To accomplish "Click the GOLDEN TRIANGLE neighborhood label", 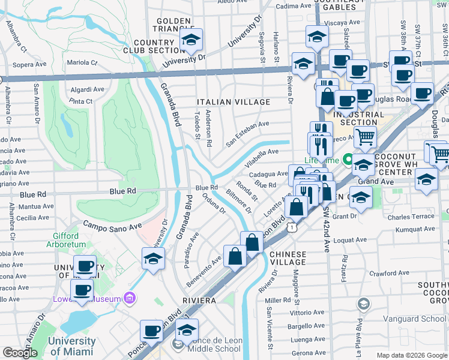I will pos(173,25).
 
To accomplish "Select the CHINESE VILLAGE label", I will pos(288,258).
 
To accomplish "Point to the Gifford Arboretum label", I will pos(70,240).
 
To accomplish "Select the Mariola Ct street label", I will pos(81,62).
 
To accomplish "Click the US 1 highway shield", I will pos(291,227).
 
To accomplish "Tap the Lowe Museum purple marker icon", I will pos(128,298).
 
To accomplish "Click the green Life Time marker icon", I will pos(346,160).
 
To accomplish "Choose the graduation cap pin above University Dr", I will pos(191,40).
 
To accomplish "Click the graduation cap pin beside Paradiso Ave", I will pos(154,259).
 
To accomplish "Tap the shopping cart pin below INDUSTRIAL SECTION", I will pos(364,137).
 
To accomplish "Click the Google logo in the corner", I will pos(20,353).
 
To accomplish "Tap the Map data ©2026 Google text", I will pos(411,355).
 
